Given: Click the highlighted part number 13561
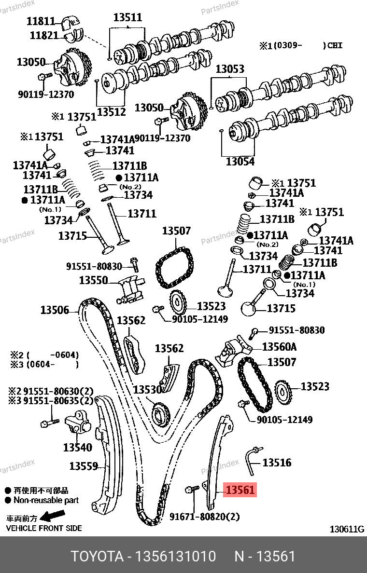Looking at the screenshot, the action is [x=240, y=490].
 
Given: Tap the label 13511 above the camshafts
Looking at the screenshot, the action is [x=127, y=17].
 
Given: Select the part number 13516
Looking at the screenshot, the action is [x=277, y=463].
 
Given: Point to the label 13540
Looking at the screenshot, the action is [x=78, y=447].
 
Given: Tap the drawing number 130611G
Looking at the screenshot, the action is [x=347, y=529].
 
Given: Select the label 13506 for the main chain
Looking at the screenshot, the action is [x=55, y=310].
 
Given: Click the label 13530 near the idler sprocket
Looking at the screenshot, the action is [x=147, y=390].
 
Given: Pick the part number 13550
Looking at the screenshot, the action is [x=94, y=280].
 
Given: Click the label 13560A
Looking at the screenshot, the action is [x=279, y=346].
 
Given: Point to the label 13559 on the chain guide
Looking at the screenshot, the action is [x=84, y=466].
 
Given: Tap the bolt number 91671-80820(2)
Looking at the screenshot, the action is [x=205, y=517].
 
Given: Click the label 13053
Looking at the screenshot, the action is [x=230, y=68].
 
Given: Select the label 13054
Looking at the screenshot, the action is [x=240, y=161].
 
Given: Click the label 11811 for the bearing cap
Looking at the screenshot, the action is [x=41, y=21].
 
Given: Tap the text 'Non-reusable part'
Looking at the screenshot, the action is [x=46, y=500].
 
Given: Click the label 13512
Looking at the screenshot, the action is [x=111, y=112].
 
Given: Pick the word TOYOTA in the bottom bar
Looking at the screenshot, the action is [x=97, y=556].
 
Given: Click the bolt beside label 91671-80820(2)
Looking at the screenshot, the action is [x=192, y=489].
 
